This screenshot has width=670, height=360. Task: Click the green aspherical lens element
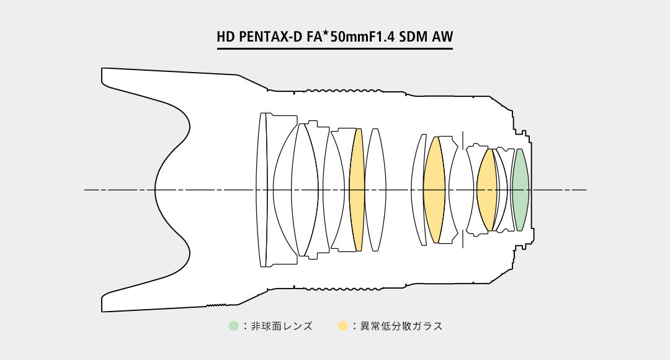click(x=520, y=190)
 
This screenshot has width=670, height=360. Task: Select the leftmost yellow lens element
click(x=356, y=190)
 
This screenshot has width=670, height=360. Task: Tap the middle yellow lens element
click(x=434, y=190)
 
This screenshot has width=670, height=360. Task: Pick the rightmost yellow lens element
click(x=487, y=190)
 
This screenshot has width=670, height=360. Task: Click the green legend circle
click(x=234, y=326)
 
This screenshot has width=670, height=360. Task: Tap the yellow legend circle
click(x=343, y=326)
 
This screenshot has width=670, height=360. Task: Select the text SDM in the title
click(x=413, y=37)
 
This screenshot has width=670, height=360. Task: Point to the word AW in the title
click(x=442, y=37)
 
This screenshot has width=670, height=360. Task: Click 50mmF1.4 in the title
click(x=362, y=37)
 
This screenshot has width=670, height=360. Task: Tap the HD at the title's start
click(x=226, y=37)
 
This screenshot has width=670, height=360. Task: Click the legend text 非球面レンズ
click(x=282, y=326)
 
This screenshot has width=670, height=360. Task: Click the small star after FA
click(x=326, y=32)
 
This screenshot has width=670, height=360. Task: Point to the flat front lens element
click(x=261, y=190)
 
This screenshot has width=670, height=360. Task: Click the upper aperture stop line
click(x=463, y=140)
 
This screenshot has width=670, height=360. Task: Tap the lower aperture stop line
click(x=463, y=238)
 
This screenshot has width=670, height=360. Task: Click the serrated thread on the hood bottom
click(x=217, y=305)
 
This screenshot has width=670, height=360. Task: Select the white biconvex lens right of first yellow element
click(x=375, y=190)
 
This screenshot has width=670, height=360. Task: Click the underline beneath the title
click(x=334, y=49)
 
